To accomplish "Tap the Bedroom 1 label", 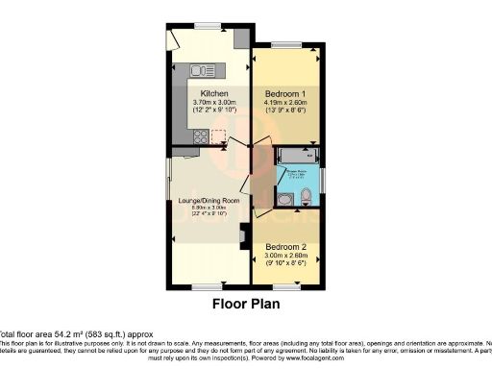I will [284, 93].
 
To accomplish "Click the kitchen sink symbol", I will [204, 69].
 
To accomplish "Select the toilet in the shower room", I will [304, 196].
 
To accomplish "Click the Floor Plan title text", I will [245, 305].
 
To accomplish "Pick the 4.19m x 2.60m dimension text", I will [284, 103].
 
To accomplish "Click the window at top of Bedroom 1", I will [284, 44].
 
